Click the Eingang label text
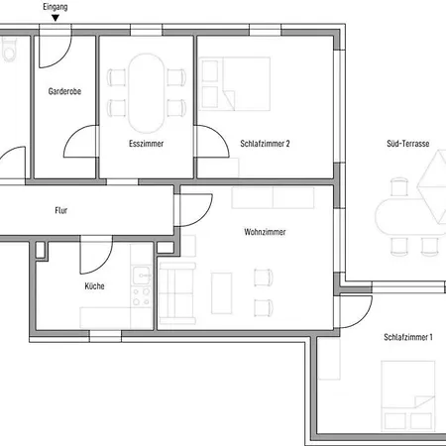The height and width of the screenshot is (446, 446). tap(56, 7)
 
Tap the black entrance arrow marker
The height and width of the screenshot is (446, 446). tap(56, 18)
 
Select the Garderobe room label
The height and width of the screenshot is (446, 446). tap(64, 91)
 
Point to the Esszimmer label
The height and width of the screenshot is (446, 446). tap(146, 144)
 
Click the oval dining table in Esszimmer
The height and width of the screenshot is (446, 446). tap(146, 93)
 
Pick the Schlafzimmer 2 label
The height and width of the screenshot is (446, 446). tap(265, 144)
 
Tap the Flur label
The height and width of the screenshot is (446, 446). tap(61, 210)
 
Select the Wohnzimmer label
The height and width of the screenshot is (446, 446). tap(265, 232)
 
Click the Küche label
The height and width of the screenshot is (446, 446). tap(94, 285)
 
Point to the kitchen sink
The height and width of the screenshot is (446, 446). tap(142, 276)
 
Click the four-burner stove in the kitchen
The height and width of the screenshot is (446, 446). tap(142, 296)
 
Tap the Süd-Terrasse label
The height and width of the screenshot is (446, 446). tap(408, 144)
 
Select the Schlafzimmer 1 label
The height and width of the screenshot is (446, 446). tap(408, 337)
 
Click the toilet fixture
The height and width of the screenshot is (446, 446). tap(9, 49)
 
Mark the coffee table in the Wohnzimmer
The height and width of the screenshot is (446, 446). tap(221, 293)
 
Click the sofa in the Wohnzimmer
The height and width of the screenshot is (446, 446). tap(177, 293)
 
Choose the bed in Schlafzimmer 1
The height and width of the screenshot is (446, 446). tap(407, 395)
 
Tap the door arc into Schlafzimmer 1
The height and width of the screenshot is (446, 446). tap(365, 316)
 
